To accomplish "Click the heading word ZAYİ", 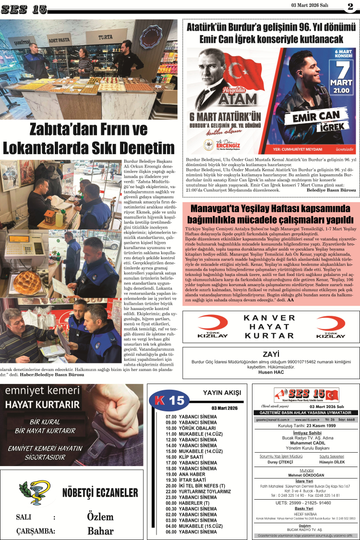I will [271, 354].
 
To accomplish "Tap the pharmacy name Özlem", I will [100, 516].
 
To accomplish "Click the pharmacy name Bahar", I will [100, 531].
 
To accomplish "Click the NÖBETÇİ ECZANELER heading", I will [100, 493].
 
